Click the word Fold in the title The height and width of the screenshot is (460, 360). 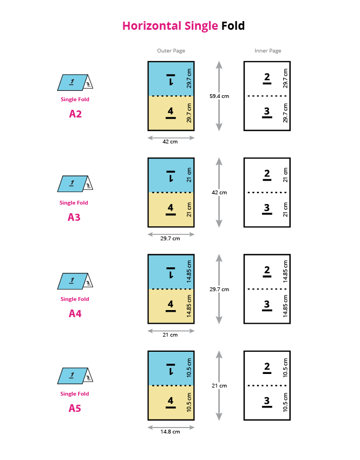click(233, 25)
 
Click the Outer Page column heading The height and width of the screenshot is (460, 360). click(171, 51)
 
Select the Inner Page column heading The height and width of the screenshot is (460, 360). click(267, 51)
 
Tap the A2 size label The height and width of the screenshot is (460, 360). click(75, 114)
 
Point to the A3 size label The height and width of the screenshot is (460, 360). click(74, 218)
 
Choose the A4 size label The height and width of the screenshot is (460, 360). click(75, 313)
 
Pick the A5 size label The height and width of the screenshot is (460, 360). click(75, 409)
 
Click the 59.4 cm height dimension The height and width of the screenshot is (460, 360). click(219, 96)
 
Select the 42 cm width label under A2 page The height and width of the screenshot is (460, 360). click(171, 142)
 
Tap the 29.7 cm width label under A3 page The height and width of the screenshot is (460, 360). click(171, 238)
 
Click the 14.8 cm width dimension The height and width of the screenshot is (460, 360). click(171, 431)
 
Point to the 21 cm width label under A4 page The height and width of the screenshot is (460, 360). click(171, 334)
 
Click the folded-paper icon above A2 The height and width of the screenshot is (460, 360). click(75, 82)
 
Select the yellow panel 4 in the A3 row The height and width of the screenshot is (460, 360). click(171, 209)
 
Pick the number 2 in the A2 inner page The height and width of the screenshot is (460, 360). click(267, 78)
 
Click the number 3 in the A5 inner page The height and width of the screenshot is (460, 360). click(267, 402)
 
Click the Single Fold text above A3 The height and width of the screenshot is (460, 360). click(74, 203)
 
